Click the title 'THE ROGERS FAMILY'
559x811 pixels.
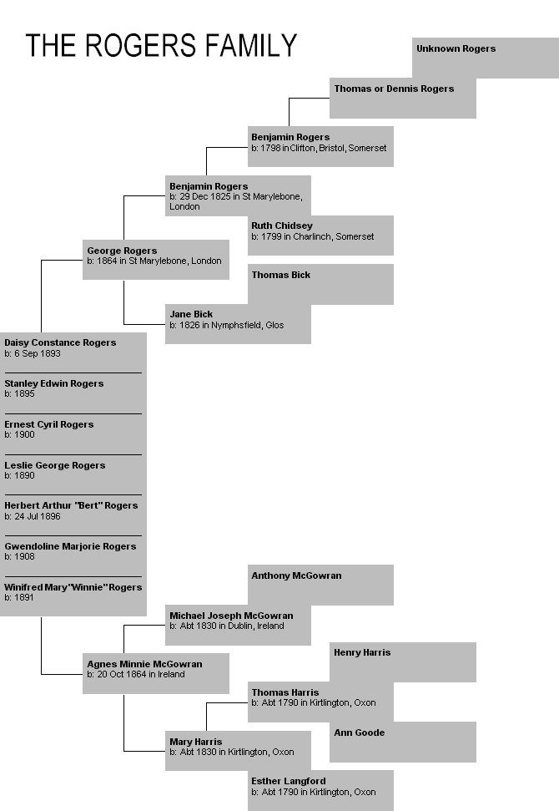pos(161,45)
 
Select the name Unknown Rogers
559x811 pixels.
pos(456,48)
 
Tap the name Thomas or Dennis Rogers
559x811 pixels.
pos(394,89)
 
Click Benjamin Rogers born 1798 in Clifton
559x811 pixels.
pos(290,137)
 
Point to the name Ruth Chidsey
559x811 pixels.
pos(282,226)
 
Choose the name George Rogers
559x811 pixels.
pos(122,251)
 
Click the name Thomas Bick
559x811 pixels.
pos(281,275)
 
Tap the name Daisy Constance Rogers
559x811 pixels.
pos(60,342)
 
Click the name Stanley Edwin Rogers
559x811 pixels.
pos(54,383)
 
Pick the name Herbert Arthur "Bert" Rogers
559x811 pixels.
pos(71,505)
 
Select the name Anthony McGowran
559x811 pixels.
pos(296,575)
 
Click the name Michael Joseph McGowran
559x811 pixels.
pos(231,616)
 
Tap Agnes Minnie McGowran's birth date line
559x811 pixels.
pos(136,674)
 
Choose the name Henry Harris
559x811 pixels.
pos(362,652)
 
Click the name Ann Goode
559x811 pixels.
pos(360,732)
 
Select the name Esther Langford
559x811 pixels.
pos(289,781)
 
